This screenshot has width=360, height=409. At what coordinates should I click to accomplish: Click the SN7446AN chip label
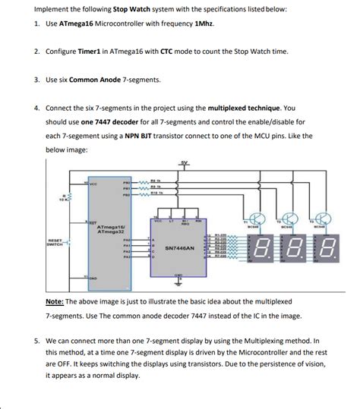tap(180, 247)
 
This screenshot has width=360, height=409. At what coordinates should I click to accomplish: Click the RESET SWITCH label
tap(55, 243)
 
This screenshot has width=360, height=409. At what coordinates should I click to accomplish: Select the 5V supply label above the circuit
tap(185, 164)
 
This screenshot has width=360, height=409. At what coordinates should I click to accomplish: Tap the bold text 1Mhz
tap(204, 24)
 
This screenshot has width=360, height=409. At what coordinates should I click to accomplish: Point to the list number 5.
tap(36, 340)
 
